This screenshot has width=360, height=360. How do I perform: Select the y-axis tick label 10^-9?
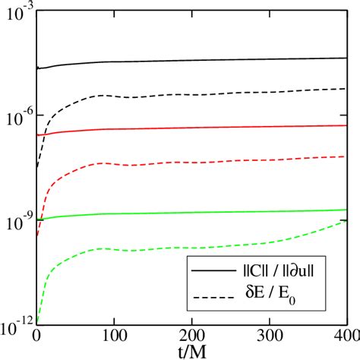pyautogui.click(x=17, y=220)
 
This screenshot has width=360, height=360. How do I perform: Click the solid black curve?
pyautogui.click(x=190, y=60)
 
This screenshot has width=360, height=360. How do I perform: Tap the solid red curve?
pyautogui.click(x=190, y=128)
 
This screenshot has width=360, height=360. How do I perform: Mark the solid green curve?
pyautogui.click(x=190, y=212)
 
